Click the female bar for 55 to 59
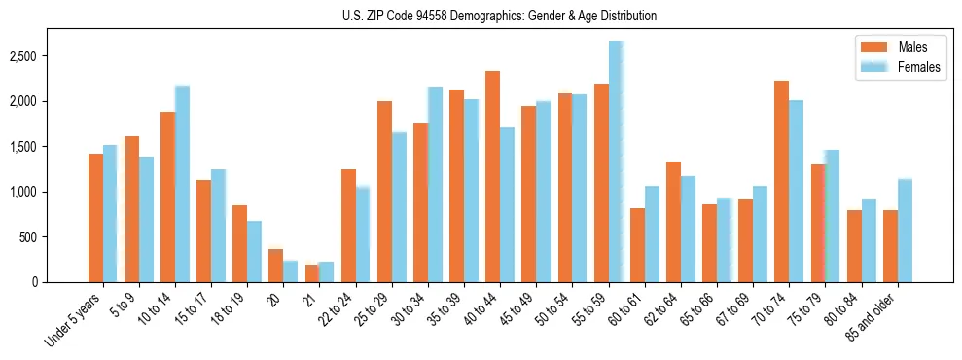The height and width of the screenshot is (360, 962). (616, 162)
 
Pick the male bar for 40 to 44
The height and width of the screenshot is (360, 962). (493, 176)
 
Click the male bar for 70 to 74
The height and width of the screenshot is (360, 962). (782, 181)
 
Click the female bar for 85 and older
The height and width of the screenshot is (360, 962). (905, 231)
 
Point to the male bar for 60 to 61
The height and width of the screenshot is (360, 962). (637, 245)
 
